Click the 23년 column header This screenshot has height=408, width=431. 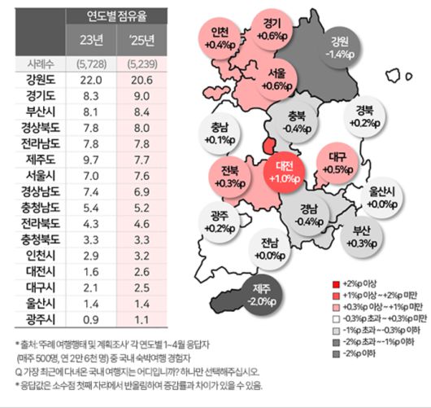click(x=89, y=39)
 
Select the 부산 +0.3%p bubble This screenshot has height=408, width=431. click(x=364, y=235)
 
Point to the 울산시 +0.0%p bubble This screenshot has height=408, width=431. click(x=381, y=196)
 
